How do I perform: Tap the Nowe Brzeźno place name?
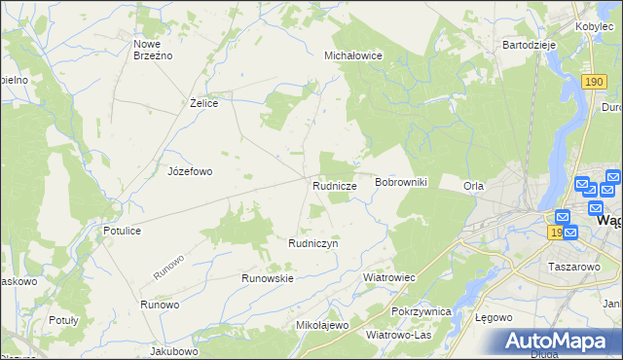(x=153, y=50)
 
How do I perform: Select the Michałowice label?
(x=353, y=56)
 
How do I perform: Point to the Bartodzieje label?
(x=528, y=45)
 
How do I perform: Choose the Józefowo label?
(x=190, y=171)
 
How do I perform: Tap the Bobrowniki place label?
(x=401, y=183)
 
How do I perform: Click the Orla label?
(x=474, y=186)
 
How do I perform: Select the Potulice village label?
(x=123, y=231)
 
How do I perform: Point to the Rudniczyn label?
(x=312, y=243)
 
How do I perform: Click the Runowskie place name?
(x=268, y=278)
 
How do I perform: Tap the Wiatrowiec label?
(x=389, y=277)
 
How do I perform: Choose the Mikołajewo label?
(x=321, y=325)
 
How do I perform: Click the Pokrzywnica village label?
(x=421, y=311)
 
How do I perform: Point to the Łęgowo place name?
(x=495, y=318)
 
